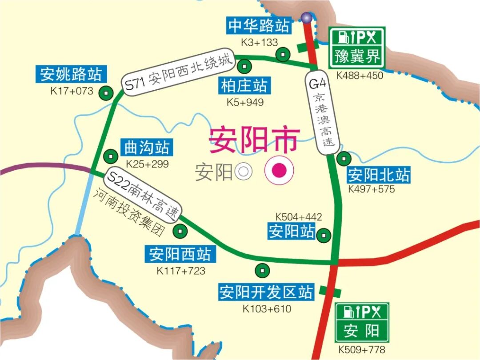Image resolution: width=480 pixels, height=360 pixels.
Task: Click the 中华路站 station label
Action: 259,26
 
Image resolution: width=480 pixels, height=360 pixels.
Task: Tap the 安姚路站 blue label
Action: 71,74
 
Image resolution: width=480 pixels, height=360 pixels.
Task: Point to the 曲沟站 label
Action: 141,148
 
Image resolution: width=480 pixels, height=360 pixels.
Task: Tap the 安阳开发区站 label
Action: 266,292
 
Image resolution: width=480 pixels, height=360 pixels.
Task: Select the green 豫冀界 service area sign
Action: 357,48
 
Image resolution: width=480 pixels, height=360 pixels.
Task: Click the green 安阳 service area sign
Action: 362,322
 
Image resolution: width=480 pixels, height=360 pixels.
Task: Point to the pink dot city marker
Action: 279,170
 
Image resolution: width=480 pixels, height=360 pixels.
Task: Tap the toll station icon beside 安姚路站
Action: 106,94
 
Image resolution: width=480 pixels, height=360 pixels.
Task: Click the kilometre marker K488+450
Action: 360,76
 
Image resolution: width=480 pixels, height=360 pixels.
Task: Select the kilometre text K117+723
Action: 180,270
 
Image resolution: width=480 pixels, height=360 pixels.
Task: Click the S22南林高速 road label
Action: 143,196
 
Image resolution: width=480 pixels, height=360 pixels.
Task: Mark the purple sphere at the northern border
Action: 306,17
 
